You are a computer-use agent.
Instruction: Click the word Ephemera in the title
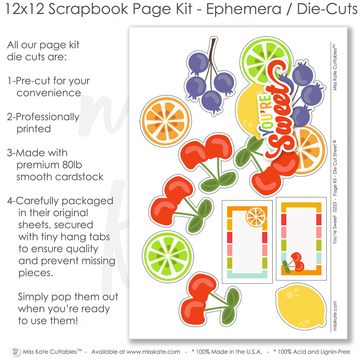tap(244, 9)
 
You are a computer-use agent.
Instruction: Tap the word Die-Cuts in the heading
tap(327, 9)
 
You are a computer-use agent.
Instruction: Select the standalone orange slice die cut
tap(166, 121)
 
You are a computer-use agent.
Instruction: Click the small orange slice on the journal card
tap(256, 217)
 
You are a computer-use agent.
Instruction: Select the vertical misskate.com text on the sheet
tap(335, 316)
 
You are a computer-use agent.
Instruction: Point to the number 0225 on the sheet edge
tap(335, 206)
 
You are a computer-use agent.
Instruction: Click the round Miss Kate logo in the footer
tap(15, 352)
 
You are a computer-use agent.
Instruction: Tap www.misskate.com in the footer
tap(153, 352)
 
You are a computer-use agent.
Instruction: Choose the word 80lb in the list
tap(72, 165)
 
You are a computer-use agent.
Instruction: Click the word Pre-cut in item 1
tap(33, 81)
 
